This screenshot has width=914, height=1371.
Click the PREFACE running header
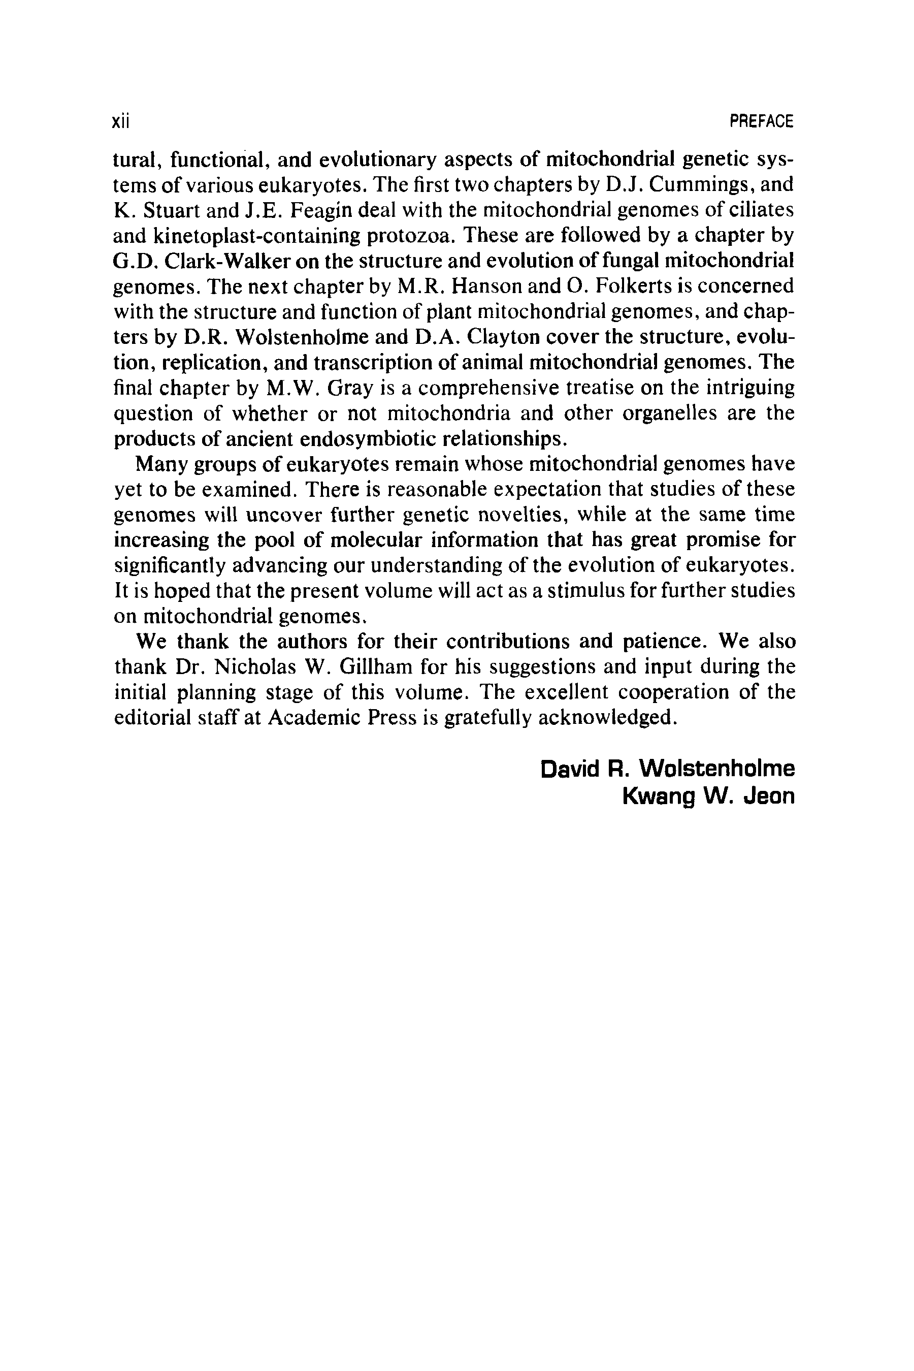point(761,122)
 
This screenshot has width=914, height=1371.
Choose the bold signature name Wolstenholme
point(717,769)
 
